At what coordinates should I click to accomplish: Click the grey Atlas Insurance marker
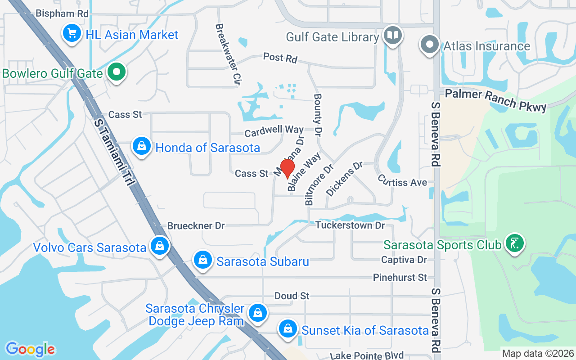coord(430,45)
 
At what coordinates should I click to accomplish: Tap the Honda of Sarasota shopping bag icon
coord(142,146)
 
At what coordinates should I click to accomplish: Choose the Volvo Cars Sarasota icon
coord(159,246)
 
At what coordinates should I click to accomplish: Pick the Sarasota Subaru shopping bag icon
coord(203,260)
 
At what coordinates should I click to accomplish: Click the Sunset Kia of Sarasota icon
coord(287,329)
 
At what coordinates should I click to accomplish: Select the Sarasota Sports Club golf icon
coord(514,243)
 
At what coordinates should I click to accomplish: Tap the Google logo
coord(30,349)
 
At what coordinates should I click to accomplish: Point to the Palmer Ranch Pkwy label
coord(496,100)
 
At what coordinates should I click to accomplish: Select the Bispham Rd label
coord(62,13)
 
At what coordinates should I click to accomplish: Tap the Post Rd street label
coord(280,58)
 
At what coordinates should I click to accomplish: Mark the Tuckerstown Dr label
coord(350,225)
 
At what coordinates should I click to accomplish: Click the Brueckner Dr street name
coord(196,225)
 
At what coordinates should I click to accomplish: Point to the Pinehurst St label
coord(400,278)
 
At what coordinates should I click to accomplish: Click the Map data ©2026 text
coord(538,353)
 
